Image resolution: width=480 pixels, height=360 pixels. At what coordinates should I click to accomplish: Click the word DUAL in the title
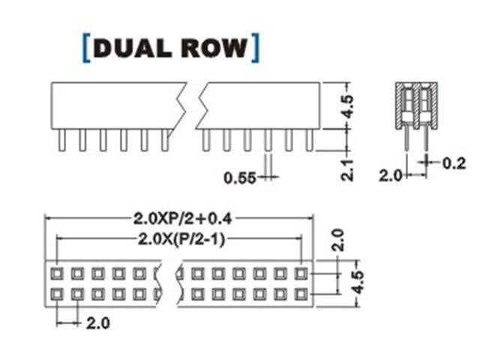point(132,47)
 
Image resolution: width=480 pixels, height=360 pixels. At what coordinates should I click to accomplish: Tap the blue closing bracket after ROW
point(256,47)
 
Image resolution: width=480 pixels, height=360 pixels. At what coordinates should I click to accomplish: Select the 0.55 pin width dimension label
point(240,178)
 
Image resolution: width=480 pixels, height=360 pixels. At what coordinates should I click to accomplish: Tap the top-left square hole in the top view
point(57,274)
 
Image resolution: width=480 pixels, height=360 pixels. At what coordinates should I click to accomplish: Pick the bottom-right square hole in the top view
point(301,293)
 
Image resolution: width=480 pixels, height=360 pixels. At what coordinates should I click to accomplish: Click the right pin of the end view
point(426,137)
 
